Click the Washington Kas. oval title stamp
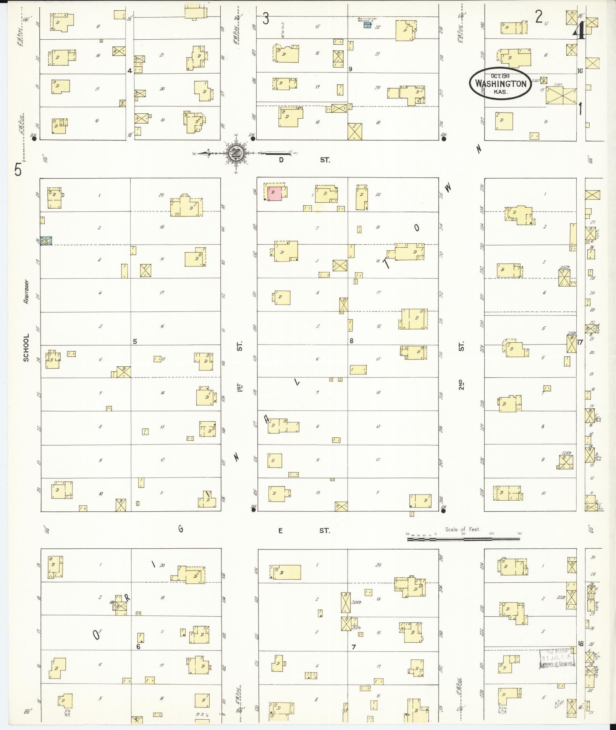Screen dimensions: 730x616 501,84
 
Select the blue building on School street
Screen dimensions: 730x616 46,241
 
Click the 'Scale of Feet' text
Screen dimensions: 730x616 462,529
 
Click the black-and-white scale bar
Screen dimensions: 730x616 463,539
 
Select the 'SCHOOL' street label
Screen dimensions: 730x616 26,348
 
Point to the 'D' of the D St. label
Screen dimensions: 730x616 281,160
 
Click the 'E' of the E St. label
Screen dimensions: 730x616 281,530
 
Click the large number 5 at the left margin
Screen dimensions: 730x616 18,169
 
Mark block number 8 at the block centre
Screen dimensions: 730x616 351,341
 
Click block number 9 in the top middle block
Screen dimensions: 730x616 350,69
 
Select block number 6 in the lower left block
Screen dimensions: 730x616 138,646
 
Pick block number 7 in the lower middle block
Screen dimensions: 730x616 354,647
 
